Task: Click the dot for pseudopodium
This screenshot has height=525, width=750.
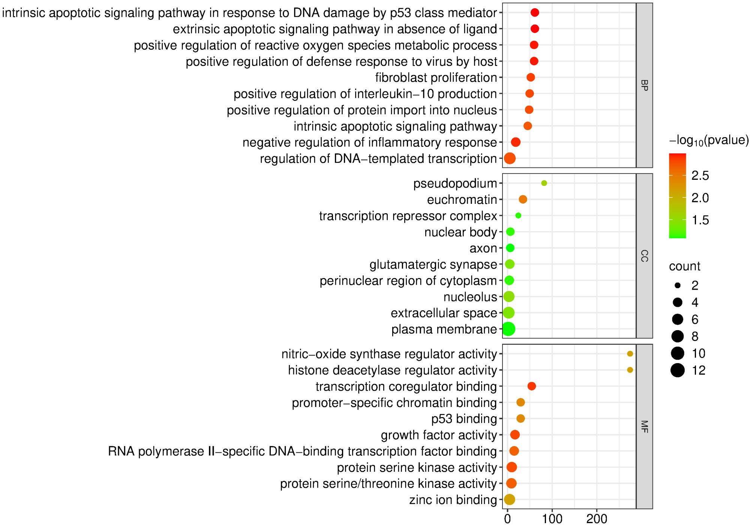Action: (544, 183)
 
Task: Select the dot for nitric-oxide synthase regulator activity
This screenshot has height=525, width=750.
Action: (630, 354)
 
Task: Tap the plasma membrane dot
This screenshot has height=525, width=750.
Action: (508, 329)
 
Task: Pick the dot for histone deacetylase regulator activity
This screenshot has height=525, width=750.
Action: (630, 370)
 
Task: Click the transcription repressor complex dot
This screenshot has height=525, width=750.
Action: (518, 215)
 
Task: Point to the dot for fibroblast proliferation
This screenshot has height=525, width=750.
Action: (531, 78)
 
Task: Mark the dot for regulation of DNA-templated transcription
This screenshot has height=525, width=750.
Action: (510, 159)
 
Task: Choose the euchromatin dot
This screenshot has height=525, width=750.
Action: (523, 199)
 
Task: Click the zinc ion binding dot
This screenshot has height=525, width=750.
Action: (509, 500)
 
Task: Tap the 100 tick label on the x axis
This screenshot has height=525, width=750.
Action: (552, 519)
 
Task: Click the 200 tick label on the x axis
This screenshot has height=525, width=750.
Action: (597, 519)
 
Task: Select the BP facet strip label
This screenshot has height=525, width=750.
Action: (644, 85)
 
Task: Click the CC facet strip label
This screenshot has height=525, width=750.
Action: (644, 256)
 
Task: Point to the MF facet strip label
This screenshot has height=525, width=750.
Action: (644, 426)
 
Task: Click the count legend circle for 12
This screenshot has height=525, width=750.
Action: (678, 370)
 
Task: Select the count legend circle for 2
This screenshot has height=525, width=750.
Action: (678, 286)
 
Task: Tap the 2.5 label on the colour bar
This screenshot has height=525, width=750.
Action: (700, 176)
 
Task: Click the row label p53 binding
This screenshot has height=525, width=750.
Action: (464, 419)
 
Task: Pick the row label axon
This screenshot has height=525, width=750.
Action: (483, 248)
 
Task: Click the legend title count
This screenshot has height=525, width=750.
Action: (684, 266)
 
